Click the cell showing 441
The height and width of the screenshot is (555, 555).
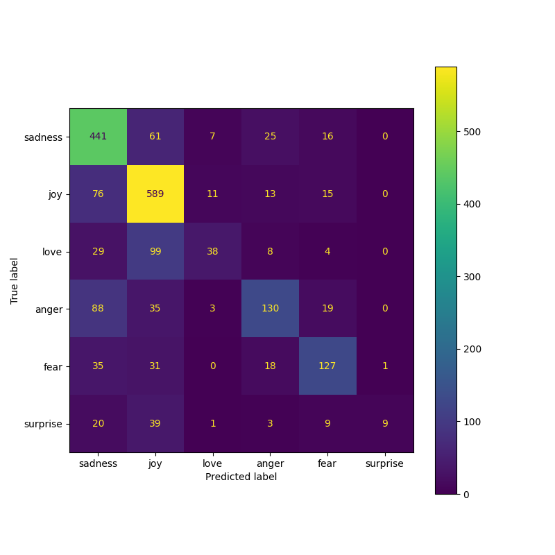(99, 137)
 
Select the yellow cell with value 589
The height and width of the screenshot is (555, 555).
(155, 194)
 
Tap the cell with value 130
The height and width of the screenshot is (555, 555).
(270, 308)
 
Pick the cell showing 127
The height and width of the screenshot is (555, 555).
(327, 366)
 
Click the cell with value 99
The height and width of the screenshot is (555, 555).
(155, 251)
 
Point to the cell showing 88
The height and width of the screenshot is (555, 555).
(99, 308)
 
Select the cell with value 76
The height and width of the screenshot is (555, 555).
(99, 194)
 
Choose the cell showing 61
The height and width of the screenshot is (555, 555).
(155, 137)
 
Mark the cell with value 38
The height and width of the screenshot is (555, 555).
(212, 251)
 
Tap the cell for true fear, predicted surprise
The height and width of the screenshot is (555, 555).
(384, 366)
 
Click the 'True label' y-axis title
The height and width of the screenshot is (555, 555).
(15, 280)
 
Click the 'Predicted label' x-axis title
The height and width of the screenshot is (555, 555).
(241, 477)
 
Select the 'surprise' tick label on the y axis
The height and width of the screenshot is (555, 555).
(43, 423)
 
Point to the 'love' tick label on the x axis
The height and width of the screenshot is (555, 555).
(212, 463)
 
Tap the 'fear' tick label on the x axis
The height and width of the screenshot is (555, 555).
(327, 463)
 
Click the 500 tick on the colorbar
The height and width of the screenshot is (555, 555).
(472, 132)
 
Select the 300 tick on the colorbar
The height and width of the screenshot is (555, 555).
(472, 277)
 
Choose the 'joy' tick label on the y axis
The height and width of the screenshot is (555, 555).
(55, 194)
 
